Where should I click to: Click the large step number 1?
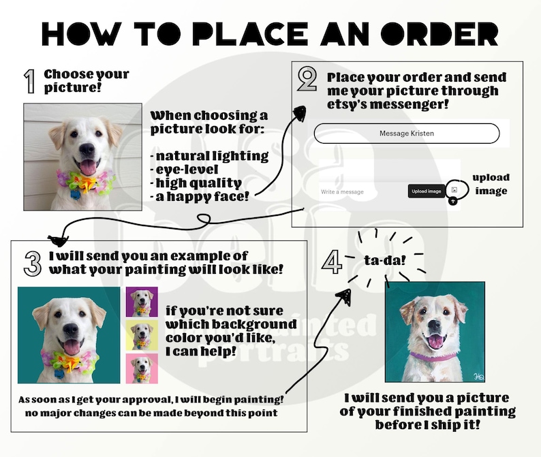(x=31, y=82)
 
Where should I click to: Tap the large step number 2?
(x=307, y=79)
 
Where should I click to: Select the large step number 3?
(x=33, y=264)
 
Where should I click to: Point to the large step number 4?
(x=333, y=262)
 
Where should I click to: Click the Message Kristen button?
(x=407, y=133)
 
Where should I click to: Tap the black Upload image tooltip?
(x=426, y=191)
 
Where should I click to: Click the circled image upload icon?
(x=454, y=190)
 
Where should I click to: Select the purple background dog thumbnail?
(x=142, y=302)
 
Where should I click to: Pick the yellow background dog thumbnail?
(x=142, y=335)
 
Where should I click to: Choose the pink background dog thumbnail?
(x=142, y=368)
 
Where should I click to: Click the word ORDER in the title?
(x=439, y=34)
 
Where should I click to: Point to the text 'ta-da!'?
(x=385, y=260)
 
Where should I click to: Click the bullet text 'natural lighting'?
(x=212, y=156)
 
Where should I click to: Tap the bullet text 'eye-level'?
(x=187, y=170)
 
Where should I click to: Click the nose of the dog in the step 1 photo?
(x=87, y=149)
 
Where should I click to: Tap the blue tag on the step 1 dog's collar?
(x=75, y=194)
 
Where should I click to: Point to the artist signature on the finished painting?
(x=478, y=376)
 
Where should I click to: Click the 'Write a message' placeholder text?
(x=342, y=192)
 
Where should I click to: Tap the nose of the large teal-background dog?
(x=71, y=330)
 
